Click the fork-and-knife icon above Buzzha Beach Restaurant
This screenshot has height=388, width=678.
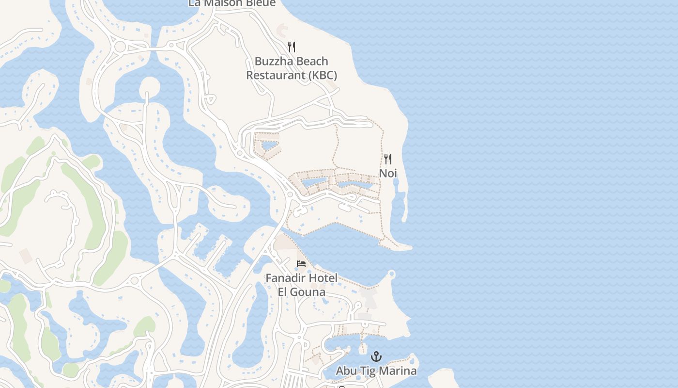291,47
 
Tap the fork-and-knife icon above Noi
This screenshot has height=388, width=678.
388,159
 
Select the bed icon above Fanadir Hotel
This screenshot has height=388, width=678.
301,264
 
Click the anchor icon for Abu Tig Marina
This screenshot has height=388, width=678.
376,356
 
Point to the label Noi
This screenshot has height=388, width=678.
388,173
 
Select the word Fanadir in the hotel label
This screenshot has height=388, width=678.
286,278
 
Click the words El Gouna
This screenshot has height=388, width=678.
301,292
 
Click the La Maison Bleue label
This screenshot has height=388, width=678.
232,3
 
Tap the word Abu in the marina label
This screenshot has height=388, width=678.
346,371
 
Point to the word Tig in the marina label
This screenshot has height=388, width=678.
368,371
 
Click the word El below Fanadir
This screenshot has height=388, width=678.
283,292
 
